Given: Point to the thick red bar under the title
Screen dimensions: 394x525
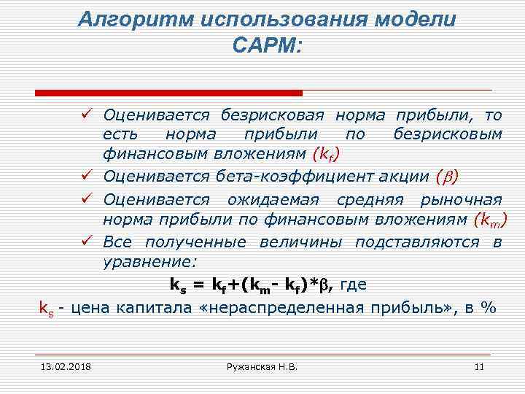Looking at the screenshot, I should (168, 93).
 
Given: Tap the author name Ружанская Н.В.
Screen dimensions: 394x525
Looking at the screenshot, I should (263, 366).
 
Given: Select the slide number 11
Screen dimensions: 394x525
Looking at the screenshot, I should (479, 366).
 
